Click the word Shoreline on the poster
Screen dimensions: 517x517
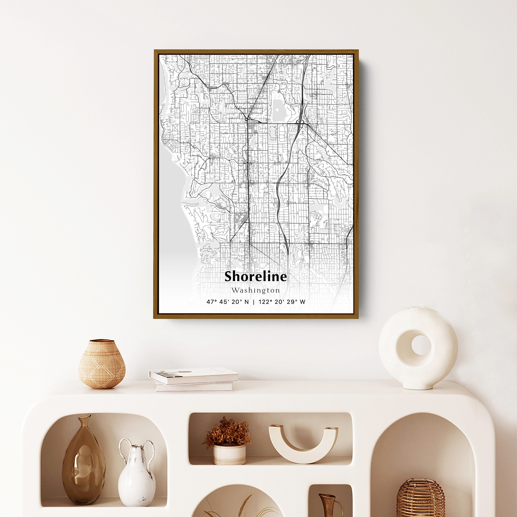256,276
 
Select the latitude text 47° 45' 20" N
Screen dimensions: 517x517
227,302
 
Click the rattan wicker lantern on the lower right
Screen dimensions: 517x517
420,499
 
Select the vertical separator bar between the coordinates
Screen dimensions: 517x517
254,302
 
